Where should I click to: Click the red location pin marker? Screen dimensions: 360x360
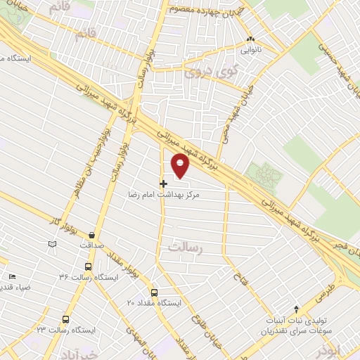click(x=181, y=164)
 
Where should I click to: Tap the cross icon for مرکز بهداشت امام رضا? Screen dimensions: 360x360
click(x=164, y=184)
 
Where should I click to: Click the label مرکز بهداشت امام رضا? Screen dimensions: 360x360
click(x=164, y=193)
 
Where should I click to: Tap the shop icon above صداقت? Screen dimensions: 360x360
click(x=93, y=235)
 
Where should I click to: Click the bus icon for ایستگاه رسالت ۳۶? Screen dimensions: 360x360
click(x=87, y=267)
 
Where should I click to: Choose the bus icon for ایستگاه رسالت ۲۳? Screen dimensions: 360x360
click(x=65, y=319)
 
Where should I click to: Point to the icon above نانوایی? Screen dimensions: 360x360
click(x=251, y=39)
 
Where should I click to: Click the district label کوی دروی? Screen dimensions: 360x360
click(x=201, y=72)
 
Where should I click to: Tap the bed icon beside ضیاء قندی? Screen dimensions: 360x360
click(x=11, y=278)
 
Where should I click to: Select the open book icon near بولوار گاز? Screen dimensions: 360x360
click(x=51, y=244)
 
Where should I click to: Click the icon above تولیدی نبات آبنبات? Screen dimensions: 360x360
click(x=296, y=309)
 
